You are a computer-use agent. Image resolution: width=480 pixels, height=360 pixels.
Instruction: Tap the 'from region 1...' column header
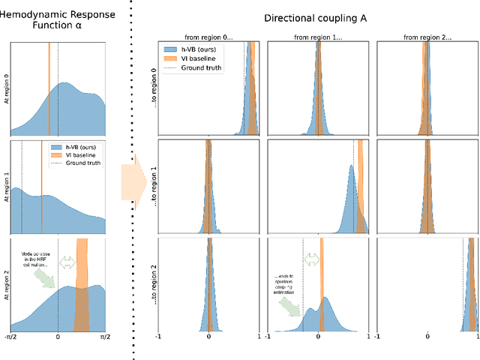(x=318, y=35)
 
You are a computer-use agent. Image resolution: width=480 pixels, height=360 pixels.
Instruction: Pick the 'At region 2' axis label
(x=5, y=282)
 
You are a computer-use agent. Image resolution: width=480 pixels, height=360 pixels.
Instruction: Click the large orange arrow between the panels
(x=133, y=178)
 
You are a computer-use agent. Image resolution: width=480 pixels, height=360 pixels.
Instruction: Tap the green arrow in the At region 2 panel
(x=44, y=277)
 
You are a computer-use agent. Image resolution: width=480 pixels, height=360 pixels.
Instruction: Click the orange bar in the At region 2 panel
(x=82, y=285)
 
